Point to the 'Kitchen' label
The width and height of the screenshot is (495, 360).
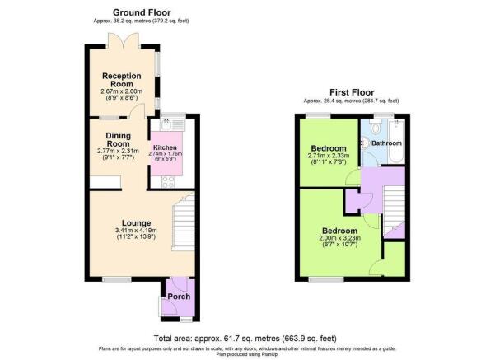(165, 146)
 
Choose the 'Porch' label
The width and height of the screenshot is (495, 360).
(179, 297)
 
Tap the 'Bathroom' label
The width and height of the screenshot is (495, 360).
(385, 143)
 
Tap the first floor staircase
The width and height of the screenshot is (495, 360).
(395, 207)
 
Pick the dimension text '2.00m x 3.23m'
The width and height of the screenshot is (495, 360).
(339, 240)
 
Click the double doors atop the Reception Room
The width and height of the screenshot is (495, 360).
(124, 38)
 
